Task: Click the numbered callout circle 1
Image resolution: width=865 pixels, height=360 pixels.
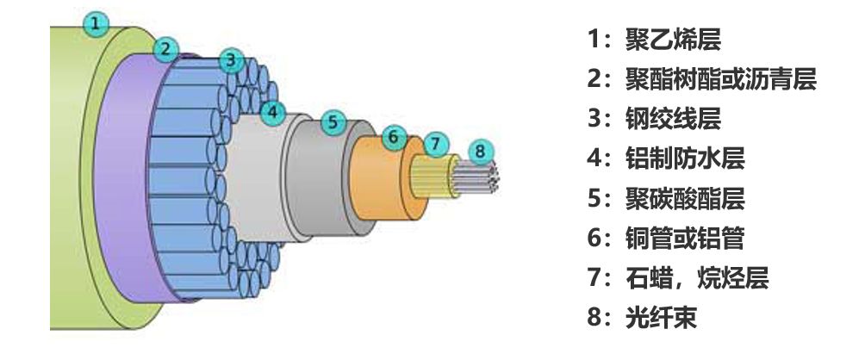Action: (97, 22)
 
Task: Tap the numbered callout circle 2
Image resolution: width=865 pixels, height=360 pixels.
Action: (165, 48)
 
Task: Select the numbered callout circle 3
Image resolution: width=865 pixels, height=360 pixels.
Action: (230, 60)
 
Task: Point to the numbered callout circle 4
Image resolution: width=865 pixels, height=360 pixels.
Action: (272, 111)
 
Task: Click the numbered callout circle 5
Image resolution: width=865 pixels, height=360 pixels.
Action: (333, 122)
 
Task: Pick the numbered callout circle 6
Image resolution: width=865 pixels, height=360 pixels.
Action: (393, 136)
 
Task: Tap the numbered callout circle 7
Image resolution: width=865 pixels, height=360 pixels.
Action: (436, 141)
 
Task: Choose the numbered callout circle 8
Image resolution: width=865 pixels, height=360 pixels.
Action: (480, 152)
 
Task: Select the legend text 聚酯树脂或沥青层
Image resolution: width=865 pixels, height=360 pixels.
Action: (721, 79)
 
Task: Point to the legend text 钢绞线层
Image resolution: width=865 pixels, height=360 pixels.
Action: (673, 119)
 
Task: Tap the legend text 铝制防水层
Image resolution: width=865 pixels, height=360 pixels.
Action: (685, 158)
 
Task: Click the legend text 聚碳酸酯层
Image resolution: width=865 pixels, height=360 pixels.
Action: (685, 199)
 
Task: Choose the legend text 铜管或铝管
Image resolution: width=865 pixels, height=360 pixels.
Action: (685, 239)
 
